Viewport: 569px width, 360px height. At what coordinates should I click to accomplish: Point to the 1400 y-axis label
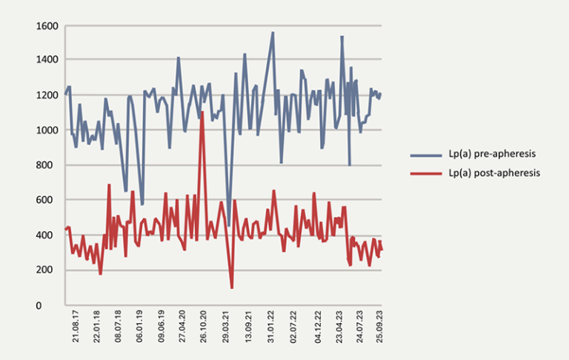coord(47,60)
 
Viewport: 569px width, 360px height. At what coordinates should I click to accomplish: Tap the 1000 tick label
coord(47,130)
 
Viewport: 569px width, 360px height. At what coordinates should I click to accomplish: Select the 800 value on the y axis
coord(50,165)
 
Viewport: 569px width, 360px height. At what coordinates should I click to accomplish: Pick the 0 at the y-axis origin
coord(55,305)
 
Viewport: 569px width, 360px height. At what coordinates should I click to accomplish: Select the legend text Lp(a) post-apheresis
coord(493,173)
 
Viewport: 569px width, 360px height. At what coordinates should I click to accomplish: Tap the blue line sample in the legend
coord(425,155)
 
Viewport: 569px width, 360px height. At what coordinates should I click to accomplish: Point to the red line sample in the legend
coord(425,173)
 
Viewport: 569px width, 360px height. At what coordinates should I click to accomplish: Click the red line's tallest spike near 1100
coord(202,113)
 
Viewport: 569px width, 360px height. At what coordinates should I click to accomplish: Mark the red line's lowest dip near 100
coord(232,287)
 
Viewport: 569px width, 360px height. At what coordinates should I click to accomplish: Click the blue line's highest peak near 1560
coord(273,33)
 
